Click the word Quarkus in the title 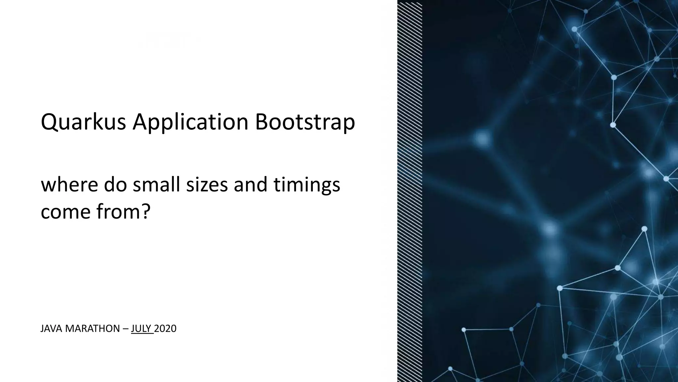tap(83, 122)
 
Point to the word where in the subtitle tap(69, 185)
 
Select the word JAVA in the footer tap(52, 329)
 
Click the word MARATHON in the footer tap(92, 329)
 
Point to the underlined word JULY tap(141, 329)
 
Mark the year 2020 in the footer tap(165, 329)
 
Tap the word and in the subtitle tap(251, 185)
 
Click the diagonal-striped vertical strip tap(410, 191)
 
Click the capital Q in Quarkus tap(49, 122)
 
